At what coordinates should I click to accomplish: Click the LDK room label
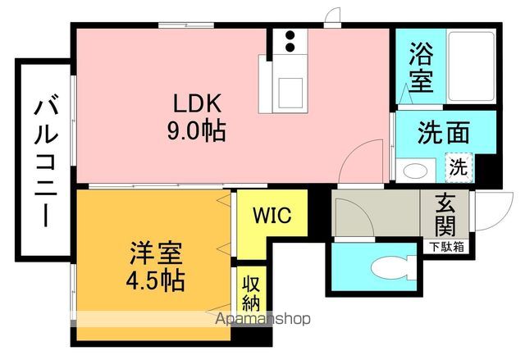point(197,103)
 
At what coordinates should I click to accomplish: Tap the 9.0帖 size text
point(196,130)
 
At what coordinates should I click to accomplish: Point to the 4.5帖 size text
point(155,280)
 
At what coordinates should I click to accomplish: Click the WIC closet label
point(272,215)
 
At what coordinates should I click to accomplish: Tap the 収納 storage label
point(251,294)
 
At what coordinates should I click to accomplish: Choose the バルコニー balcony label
point(46,161)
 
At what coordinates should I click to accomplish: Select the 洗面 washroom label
point(443,133)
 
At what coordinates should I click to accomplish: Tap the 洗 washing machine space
point(459,167)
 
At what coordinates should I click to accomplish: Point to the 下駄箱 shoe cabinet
point(446,247)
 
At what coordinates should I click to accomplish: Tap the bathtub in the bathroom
point(471,66)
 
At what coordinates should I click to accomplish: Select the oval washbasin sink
point(415,171)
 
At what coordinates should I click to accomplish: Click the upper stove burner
point(290,35)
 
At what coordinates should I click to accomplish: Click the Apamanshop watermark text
point(262,319)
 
